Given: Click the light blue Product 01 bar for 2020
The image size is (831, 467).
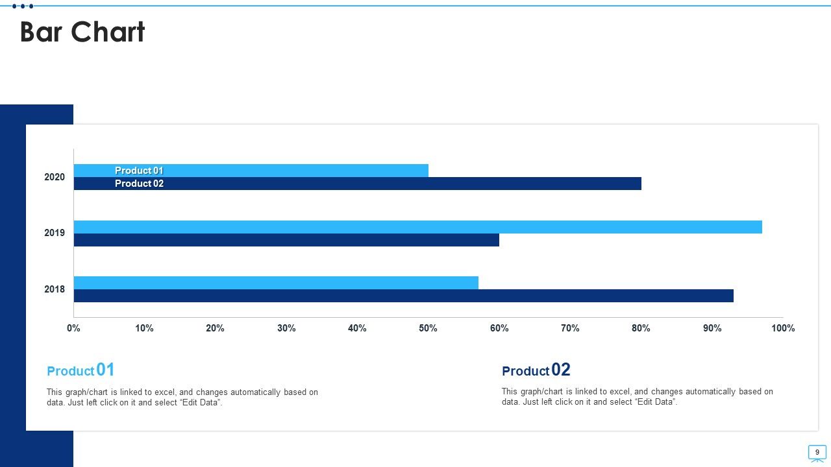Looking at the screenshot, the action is coord(251,171).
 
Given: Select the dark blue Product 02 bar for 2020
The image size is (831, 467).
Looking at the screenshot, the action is coord(358,184).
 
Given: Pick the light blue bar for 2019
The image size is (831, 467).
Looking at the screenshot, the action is coord(418,227).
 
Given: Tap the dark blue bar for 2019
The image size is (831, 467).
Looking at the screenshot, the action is coord(286,240).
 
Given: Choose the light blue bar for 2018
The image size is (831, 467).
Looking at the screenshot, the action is coord(276,283).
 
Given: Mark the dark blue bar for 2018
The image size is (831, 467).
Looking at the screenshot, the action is coord(404,296).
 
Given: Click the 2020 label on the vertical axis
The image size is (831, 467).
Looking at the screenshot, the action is coord(55,177).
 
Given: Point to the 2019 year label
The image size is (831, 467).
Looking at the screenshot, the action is coord(55,233).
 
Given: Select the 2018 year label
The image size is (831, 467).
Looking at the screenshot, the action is coord(55,289).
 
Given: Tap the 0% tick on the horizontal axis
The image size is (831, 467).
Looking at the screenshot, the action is coord(73,328).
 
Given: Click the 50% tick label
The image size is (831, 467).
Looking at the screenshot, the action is coord(428,328).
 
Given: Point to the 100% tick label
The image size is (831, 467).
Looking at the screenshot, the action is coord(783,328).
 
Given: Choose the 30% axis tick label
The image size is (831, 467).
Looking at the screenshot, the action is coord(286,328).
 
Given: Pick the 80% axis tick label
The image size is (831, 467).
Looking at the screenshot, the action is coord(641,328).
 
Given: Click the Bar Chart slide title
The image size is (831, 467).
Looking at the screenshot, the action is coord(82,32).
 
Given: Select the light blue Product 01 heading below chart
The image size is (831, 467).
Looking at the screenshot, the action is coord(81,370).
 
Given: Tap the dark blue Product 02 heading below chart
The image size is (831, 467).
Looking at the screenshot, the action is coord(536,370).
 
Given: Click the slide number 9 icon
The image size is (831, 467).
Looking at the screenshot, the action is coord(817,453).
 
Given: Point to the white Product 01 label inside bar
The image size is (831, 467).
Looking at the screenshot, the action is coord(139,171).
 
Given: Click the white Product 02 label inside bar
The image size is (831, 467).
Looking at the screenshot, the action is coord(139,184).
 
